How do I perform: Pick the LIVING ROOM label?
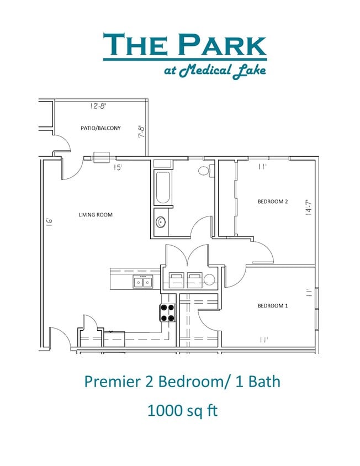(x=96, y=214)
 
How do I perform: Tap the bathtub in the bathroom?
(x=163, y=188)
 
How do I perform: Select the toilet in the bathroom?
(x=204, y=171)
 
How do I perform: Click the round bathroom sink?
(x=161, y=223)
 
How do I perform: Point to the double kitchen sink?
(x=142, y=283)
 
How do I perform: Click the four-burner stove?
(x=168, y=313)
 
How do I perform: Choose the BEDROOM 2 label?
(x=273, y=202)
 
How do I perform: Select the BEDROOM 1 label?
(x=273, y=305)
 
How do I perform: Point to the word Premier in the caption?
(x=107, y=381)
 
